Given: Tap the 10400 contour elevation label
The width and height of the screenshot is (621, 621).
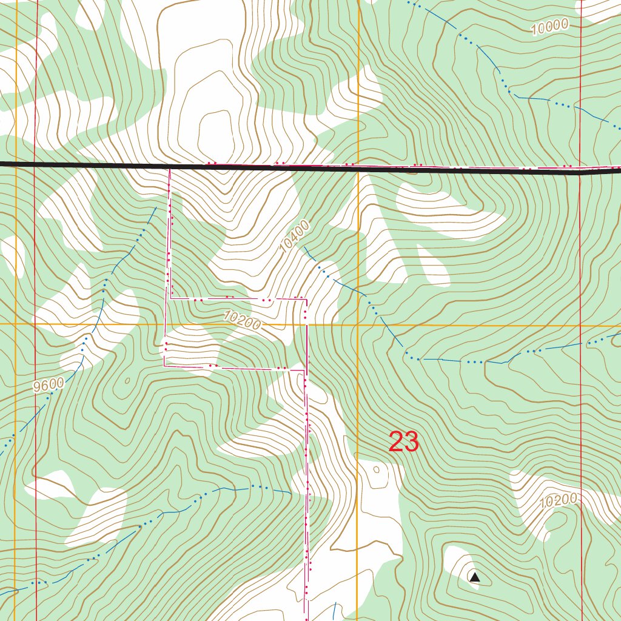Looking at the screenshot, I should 295,236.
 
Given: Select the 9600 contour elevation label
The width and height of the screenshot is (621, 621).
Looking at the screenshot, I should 49,384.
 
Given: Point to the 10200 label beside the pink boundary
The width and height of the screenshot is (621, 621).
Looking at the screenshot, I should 241,320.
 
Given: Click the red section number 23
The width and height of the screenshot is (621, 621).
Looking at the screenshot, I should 403,442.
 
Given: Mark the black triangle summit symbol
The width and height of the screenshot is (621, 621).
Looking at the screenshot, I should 475,577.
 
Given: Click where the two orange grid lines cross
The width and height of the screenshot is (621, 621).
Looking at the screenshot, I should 358,324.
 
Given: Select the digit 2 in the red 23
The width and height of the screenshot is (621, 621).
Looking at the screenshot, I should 395,442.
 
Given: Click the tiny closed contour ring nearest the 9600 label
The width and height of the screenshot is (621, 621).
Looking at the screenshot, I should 127,381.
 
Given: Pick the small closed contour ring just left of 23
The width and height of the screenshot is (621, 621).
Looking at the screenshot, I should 377,469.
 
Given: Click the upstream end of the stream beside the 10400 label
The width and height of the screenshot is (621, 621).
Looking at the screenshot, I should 304,247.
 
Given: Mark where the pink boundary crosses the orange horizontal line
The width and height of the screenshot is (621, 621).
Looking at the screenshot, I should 306,324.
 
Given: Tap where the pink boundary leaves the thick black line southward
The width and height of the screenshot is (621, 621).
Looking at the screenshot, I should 169,170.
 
